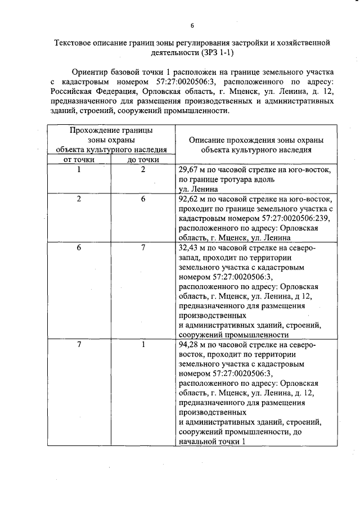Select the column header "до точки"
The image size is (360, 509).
tap(143, 160)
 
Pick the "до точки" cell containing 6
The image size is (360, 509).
tap(143, 199)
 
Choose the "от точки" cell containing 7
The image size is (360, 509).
tap(79, 345)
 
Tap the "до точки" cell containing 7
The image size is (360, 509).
tap(143, 248)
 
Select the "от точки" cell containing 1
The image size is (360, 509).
tap(79, 169)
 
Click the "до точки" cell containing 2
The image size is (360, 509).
tap(143, 169)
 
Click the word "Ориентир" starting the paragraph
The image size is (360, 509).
tap(91, 73)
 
